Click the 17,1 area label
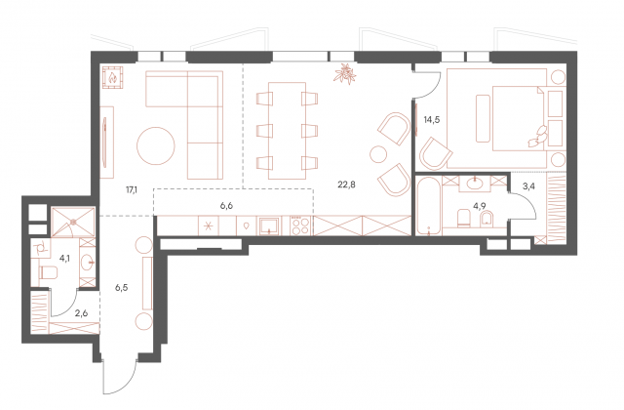[132, 189]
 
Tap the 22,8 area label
[346, 184]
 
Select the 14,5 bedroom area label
[431, 119]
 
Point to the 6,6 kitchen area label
[226, 206]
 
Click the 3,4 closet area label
[527, 185]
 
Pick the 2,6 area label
[81, 313]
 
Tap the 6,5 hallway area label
[121, 287]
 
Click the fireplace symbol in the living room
[113, 76]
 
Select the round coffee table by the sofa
[156, 145]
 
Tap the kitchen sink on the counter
[270, 225]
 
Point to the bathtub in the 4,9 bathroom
[428, 206]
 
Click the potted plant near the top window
[344, 74]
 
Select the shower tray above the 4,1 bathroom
[73, 222]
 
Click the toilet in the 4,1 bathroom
[48, 272]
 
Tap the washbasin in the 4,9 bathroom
[475, 184]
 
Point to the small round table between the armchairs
[378, 153]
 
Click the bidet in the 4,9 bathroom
[486, 218]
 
